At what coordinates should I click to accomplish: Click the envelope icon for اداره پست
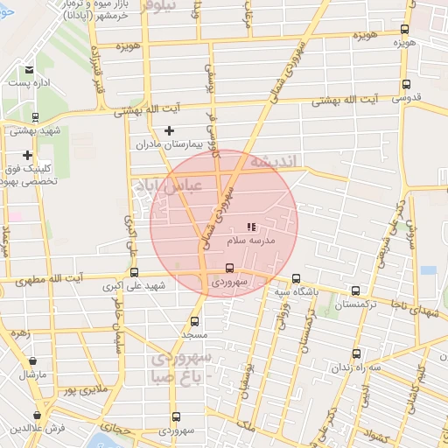(30, 69)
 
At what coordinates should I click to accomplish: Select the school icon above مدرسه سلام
(251, 227)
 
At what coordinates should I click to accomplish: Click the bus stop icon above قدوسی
(405, 85)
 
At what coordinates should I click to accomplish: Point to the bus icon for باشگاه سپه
(296, 278)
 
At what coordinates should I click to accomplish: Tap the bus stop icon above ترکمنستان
(354, 290)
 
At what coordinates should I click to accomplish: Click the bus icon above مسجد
(194, 321)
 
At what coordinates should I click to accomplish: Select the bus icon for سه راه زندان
(355, 353)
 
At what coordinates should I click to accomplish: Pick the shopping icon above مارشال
(33, 360)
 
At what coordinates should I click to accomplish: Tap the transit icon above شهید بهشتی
(35, 117)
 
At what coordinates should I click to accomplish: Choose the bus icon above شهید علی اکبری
(133, 272)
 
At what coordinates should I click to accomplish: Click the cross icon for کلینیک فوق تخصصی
(28, 155)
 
